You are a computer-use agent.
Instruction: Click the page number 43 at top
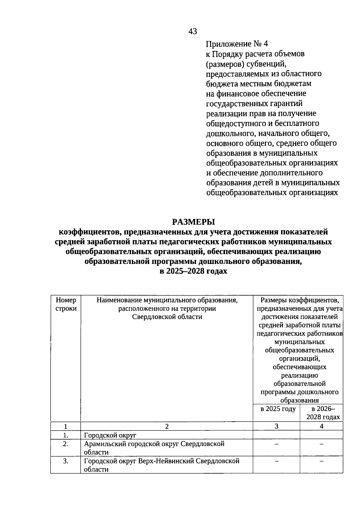click(193, 31)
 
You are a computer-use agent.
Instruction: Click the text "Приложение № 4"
click(237, 44)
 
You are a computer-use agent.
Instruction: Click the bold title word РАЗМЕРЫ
click(193, 222)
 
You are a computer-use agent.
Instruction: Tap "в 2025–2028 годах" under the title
click(193, 271)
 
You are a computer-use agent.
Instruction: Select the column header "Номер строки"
click(66, 304)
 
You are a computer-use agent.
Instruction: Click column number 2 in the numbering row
click(167, 426)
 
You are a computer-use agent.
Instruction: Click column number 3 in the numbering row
click(276, 426)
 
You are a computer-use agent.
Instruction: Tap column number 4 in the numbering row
click(322, 426)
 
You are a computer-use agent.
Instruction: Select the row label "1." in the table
click(66, 435)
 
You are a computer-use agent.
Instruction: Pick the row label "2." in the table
click(66, 444)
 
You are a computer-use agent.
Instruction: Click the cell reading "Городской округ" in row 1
click(110, 435)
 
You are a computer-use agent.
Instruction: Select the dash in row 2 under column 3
click(276, 444)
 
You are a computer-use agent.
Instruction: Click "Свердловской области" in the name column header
click(167, 317)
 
